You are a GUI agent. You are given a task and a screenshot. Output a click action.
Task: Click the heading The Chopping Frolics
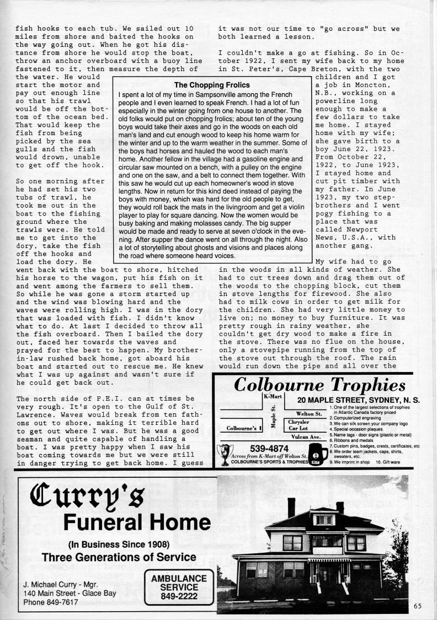212,85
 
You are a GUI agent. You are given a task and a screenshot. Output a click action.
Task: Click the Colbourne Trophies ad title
319,385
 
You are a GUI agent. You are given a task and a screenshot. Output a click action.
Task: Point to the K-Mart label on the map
273,397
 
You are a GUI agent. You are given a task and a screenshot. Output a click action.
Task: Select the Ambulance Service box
175,589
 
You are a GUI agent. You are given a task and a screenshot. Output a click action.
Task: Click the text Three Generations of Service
119,557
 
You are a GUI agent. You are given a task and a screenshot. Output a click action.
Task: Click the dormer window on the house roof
324,519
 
